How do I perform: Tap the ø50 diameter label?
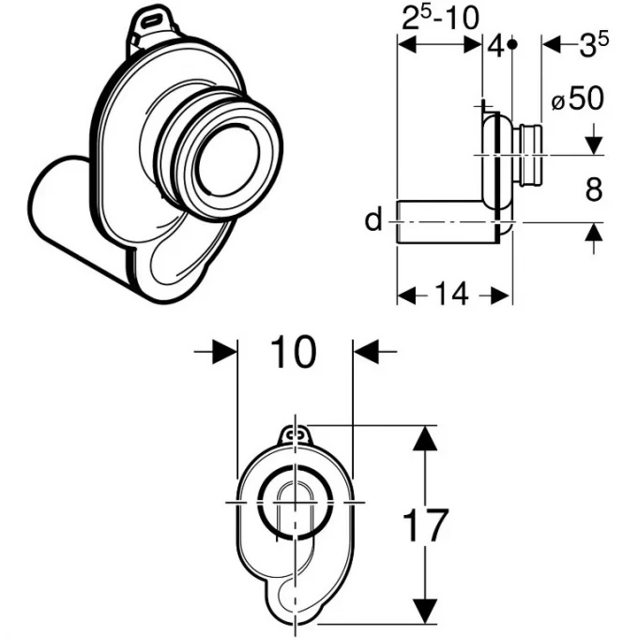tap(577, 99)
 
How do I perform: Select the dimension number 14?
tap(451, 294)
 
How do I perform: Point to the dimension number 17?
tap(425, 524)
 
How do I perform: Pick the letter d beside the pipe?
tap(373, 219)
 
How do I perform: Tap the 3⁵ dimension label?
tap(594, 44)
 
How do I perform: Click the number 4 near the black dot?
tap(496, 46)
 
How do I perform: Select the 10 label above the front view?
tap(293, 352)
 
